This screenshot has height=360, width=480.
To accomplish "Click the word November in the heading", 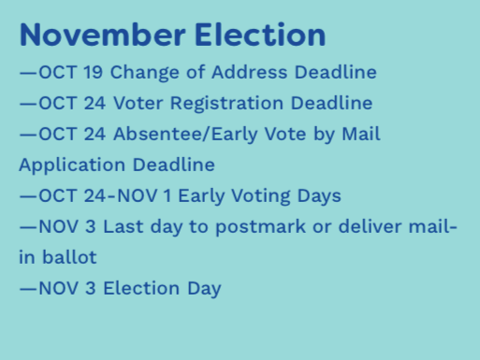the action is pyautogui.click(x=103, y=35).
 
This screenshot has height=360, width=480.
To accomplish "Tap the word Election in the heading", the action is pyautogui.click(x=260, y=35).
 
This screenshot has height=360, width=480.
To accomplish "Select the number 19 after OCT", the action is pyautogui.click(x=94, y=72).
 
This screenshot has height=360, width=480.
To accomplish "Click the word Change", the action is pyautogui.click(x=145, y=73).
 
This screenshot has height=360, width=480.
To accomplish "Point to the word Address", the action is pyautogui.click(x=250, y=72).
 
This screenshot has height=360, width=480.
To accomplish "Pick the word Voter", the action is pyautogui.click(x=138, y=103).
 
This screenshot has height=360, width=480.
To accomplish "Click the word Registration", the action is pyautogui.click(x=226, y=104).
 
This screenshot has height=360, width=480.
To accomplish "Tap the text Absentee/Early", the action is pyautogui.click(x=185, y=135).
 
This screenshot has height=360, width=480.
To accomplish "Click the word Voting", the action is pyautogui.click(x=261, y=196).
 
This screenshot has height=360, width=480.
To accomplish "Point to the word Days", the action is pyautogui.click(x=319, y=196).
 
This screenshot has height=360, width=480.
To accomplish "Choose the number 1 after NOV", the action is pyautogui.click(x=167, y=195).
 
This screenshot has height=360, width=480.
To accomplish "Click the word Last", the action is pyautogui.click(x=123, y=226).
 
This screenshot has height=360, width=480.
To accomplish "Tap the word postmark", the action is pyautogui.click(x=261, y=227).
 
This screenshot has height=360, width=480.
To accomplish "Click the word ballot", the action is pyautogui.click(x=69, y=257).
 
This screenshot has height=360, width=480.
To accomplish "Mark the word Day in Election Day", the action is pyautogui.click(x=204, y=289).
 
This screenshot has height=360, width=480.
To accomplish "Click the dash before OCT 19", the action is pyautogui.click(x=28, y=73).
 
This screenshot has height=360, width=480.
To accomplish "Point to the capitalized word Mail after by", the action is pyautogui.click(x=361, y=134).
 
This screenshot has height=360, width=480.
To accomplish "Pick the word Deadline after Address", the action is pyautogui.click(x=336, y=72).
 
